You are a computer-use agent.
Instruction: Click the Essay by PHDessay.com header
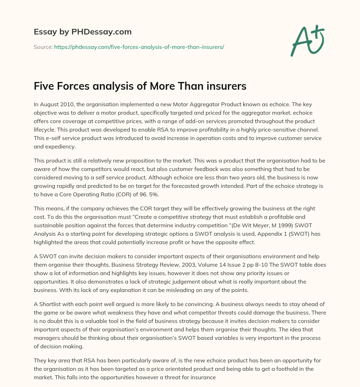pyautogui.click(x=83, y=32)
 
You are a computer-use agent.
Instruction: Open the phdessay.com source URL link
pyautogui.click(x=139, y=47)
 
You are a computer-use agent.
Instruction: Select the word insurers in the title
pyautogui.click(x=224, y=86)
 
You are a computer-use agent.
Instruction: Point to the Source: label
pyautogui.click(x=43, y=47)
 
